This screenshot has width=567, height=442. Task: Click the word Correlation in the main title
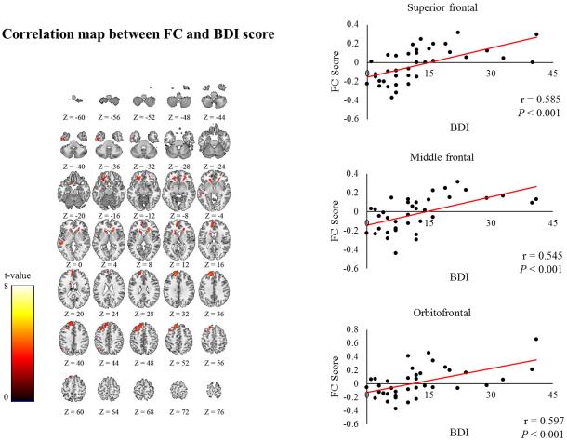tap(46, 38)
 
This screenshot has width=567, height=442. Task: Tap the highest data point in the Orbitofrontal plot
tap(536, 339)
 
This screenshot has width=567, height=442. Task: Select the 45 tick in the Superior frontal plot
tap(552, 74)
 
